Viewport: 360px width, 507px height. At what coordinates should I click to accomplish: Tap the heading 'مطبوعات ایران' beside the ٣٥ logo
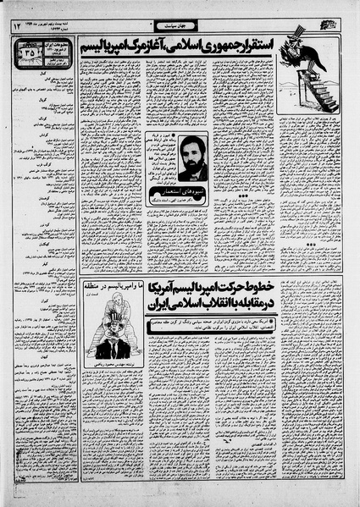click(x=60, y=47)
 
